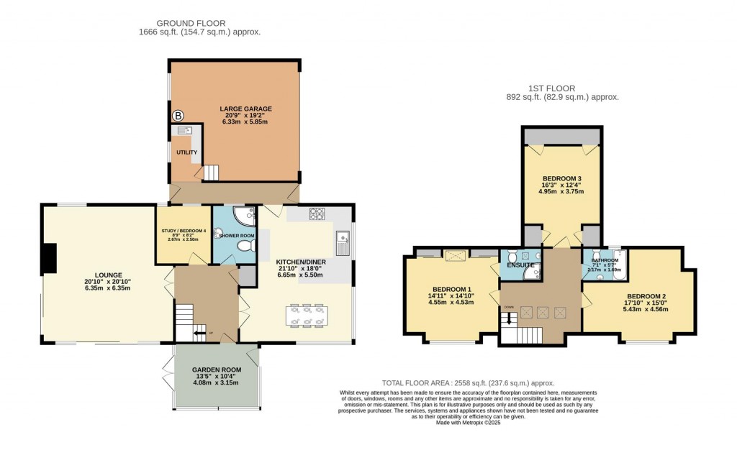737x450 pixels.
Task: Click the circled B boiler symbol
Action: click(178, 116)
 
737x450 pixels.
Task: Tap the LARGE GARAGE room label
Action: click(245, 109)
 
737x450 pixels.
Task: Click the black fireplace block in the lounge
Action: click(48, 258)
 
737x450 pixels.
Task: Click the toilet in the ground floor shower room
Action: click(245, 247)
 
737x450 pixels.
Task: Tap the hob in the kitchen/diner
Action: click(317, 213)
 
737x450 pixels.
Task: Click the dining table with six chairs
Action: click(307, 315)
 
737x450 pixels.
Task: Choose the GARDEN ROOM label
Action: click(216, 369)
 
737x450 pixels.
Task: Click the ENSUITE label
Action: click(520, 265)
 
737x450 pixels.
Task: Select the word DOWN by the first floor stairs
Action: click(509, 307)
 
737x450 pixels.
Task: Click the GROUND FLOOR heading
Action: click(199, 22)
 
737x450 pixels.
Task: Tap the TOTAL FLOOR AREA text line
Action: click(467, 383)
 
